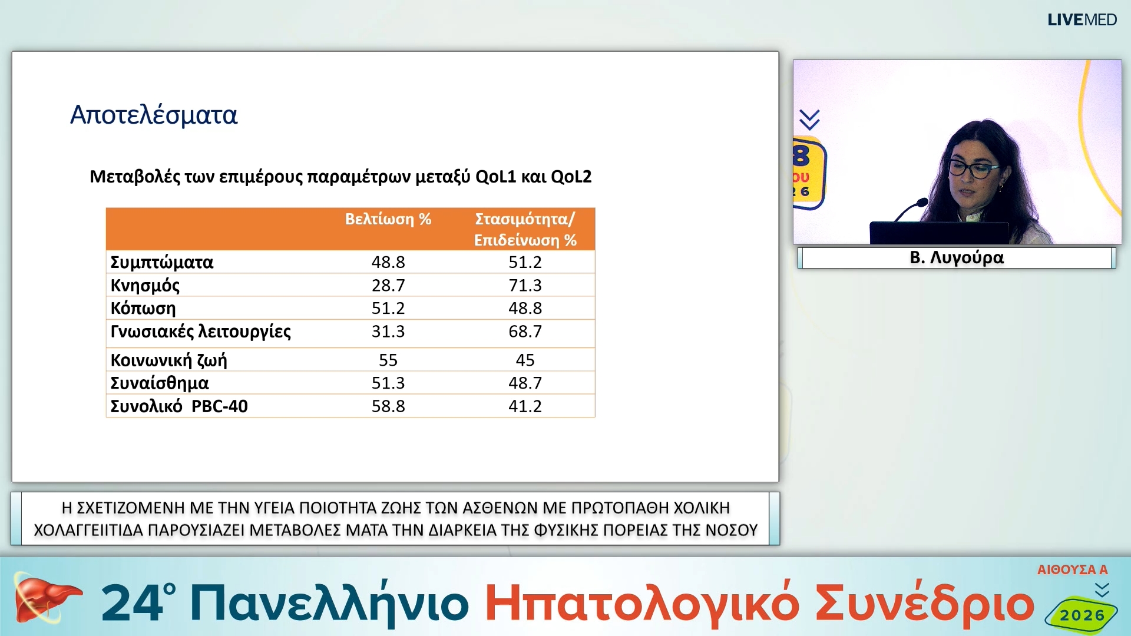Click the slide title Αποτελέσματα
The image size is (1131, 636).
[x=154, y=115]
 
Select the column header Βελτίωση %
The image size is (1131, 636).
[x=388, y=219]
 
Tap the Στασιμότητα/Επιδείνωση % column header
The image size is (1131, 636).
[x=525, y=229]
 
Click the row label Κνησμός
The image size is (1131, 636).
[x=145, y=286]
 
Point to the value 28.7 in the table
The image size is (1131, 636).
[x=388, y=286]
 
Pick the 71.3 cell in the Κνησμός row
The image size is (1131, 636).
[x=525, y=286]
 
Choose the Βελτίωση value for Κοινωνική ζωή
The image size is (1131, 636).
[x=388, y=360]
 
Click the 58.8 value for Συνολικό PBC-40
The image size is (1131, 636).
[x=388, y=406]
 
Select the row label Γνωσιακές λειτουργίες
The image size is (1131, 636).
[x=200, y=332]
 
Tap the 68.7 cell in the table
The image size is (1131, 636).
[x=525, y=332]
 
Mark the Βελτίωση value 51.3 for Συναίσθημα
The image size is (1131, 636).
[x=388, y=383]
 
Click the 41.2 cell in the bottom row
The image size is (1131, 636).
[x=525, y=406]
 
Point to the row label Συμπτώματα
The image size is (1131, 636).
[x=162, y=262]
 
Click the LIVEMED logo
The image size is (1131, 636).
[x=1082, y=20]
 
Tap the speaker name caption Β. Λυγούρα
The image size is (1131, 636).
[x=957, y=258]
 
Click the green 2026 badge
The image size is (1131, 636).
[x=1082, y=615]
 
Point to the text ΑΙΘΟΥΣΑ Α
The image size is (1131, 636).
[x=1072, y=569]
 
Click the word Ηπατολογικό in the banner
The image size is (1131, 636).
[x=641, y=604]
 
